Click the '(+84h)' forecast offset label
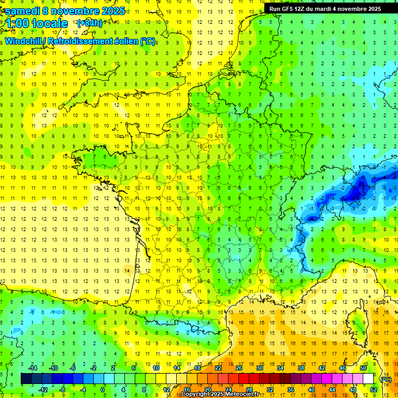pos(89,23)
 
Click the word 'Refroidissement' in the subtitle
pos(79,41)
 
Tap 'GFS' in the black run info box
pos(291,9)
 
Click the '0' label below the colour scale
pos(103,389)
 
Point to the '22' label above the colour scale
pos(218,368)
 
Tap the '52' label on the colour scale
pos(374,389)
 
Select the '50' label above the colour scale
pos(363,368)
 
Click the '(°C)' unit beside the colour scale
pos(386,379)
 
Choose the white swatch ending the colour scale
pos(368,379)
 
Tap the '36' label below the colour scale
pos(291,389)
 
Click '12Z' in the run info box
pos(304,9)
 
